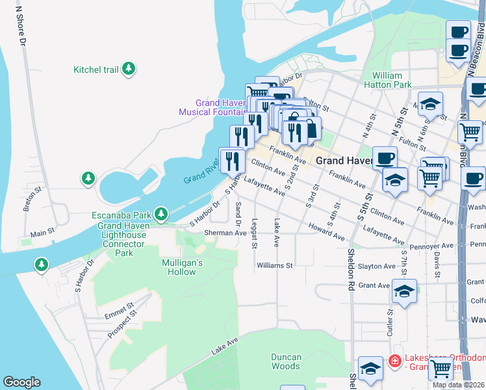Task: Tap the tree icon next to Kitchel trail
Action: click(129, 68)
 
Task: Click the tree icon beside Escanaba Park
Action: click(162, 213)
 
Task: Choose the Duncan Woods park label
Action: click(286, 361)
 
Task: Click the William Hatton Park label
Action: click(392, 80)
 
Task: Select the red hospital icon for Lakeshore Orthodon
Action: click(394, 359)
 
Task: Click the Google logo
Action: click(21, 382)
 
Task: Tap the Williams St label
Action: click(275, 265)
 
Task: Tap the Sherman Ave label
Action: click(225, 233)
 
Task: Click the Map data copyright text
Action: click(459, 385)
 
